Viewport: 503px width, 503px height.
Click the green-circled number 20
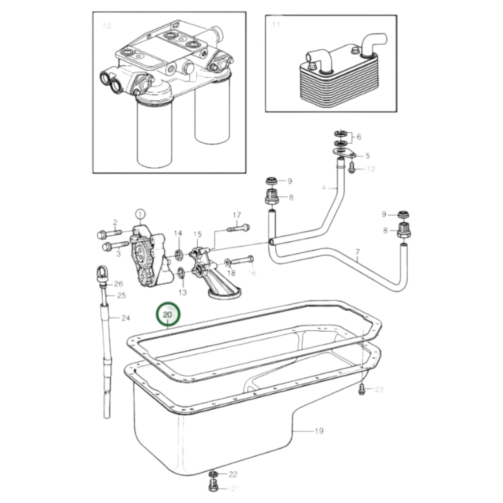click(x=168, y=314)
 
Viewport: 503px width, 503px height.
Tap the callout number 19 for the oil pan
click(x=319, y=431)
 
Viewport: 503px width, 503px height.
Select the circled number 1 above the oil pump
click(x=140, y=214)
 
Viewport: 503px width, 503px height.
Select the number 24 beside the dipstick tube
click(x=125, y=317)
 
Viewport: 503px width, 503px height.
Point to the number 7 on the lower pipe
click(x=357, y=251)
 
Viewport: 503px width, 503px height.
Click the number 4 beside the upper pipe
click(x=323, y=188)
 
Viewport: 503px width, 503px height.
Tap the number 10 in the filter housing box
click(x=107, y=26)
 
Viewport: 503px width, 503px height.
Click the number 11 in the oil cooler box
click(x=276, y=25)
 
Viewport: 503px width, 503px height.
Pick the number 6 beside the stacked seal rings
click(x=359, y=137)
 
